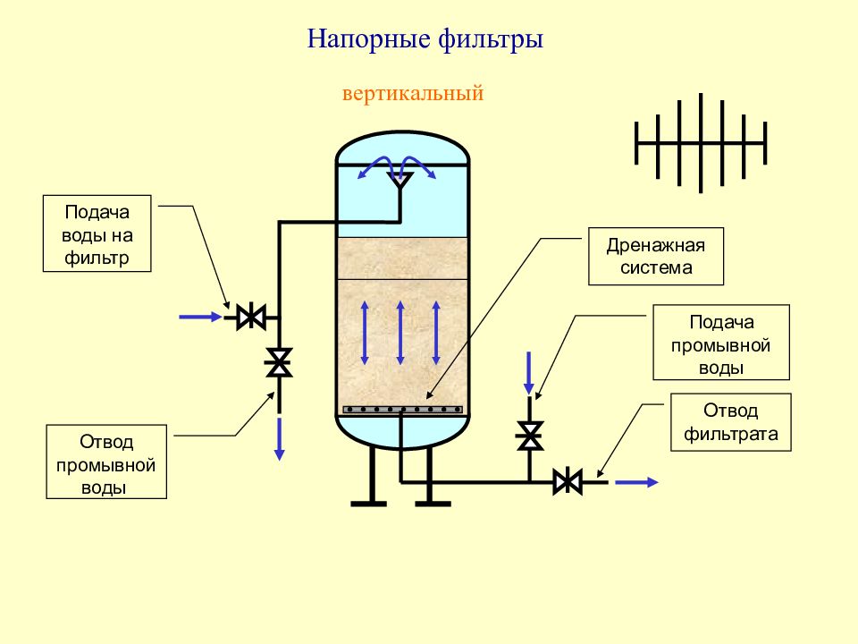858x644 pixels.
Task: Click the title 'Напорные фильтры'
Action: pos(425,39)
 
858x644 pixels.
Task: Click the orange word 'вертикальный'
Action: pos(413,93)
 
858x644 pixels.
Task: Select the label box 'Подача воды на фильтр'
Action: pos(97,233)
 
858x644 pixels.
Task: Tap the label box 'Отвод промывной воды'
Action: pos(106,462)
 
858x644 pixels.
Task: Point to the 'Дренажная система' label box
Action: pos(656,257)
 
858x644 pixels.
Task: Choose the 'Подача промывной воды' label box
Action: pos(721,343)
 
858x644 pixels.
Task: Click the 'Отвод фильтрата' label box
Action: pos(731,422)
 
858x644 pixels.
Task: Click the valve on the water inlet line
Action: pos(251,317)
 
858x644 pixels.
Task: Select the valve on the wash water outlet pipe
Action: pos(279,362)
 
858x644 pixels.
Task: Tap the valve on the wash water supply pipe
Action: pos(529,436)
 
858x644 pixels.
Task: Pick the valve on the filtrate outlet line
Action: pos(568,482)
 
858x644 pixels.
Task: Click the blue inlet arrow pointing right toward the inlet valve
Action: pos(200,317)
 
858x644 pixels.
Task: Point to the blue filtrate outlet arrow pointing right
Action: pos(636,482)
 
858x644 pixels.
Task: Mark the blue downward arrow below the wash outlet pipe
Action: pos(279,438)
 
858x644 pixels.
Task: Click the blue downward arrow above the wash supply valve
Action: pos(528,373)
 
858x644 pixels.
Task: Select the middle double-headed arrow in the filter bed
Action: pos(400,333)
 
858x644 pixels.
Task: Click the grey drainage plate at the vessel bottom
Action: pos(403,410)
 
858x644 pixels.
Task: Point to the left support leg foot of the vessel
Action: pos(369,504)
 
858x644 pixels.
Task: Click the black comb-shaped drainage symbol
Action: pos(701,143)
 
